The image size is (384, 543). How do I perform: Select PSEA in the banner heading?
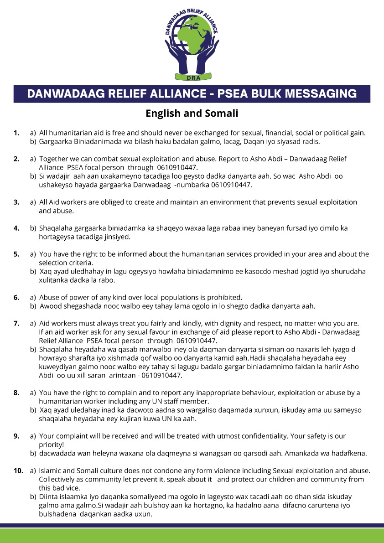click(x=236, y=94)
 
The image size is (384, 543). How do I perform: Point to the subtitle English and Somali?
click(x=192, y=113)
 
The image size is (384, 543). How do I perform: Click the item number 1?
click(x=16, y=133)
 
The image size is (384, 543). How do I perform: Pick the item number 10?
click(x=18, y=470)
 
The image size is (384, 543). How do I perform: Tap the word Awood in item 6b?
click(x=50, y=305)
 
